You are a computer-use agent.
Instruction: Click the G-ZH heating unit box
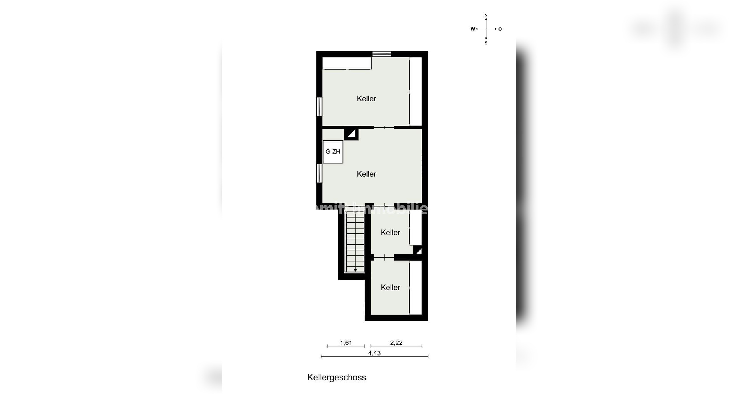[333, 152]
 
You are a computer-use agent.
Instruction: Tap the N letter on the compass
[486, 15]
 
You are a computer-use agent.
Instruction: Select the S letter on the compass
[486, 43]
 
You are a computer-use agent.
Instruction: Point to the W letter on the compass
[472, 29]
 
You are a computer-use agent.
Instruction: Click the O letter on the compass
[500, 29]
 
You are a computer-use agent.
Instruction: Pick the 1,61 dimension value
[346, 343]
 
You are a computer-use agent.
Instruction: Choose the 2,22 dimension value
[396, 343]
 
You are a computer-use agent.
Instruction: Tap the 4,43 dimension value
[374, 353]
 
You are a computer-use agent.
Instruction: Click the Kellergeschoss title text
[336, 377]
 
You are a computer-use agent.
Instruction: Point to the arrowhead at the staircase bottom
[355, 270]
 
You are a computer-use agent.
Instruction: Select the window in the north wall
[382, 54]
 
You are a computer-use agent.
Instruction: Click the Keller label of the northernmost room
[366, 99]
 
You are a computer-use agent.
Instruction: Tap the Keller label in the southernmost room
[390, 287]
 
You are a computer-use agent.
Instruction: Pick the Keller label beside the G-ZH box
[366, 174]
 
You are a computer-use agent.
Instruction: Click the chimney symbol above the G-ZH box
[351, 134]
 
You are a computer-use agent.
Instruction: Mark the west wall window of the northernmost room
[319, 107]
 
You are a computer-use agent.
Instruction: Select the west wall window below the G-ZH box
[319, 173]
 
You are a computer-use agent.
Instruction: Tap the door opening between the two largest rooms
[384, 127]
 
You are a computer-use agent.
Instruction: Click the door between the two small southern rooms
[384, 256]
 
